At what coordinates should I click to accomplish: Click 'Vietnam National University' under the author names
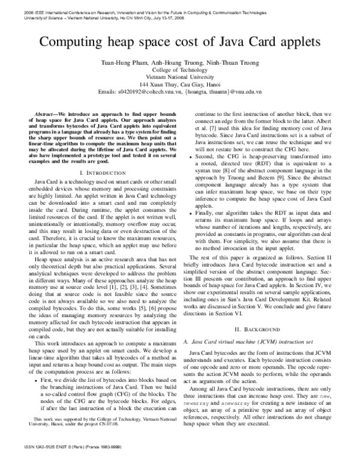180,77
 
